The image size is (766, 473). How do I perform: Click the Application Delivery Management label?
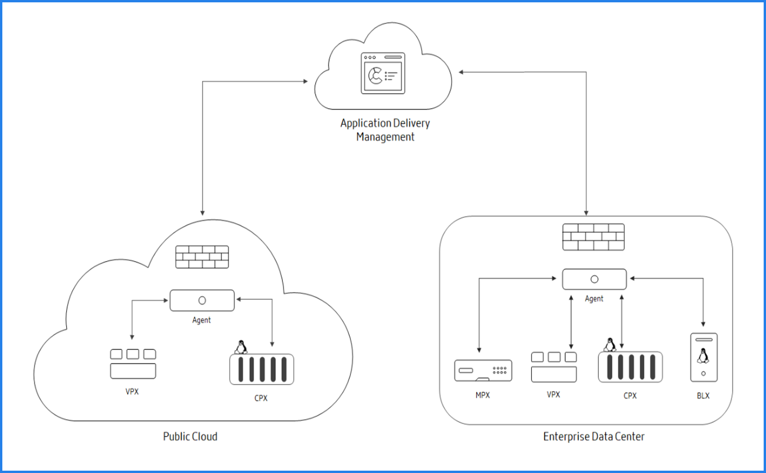[x=385, y=130]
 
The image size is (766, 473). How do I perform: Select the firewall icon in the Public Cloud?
[x=202, y=256]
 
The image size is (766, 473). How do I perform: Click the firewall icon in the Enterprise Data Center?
[x=593, y=236]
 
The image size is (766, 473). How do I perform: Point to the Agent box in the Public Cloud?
[x=202, y=300]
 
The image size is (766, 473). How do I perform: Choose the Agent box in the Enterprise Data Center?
[x=594, y=279]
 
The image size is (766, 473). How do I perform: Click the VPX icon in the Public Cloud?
[x=133, y=364]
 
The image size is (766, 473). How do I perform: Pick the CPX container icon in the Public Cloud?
[x=261, y=369]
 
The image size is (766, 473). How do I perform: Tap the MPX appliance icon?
[x=483, y=371]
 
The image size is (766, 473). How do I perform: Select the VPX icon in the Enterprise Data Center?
[x=553, y=367]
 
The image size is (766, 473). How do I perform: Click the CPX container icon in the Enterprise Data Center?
[x=630, y=367]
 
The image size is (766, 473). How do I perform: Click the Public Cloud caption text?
[x=190, y=436]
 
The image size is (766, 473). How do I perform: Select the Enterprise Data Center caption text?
[x=594, y=436]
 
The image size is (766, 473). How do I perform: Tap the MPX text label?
[x=483, y=395]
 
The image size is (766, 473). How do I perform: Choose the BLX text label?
[x=703, y=396]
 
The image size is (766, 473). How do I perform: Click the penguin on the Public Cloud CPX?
[x=240, y=347]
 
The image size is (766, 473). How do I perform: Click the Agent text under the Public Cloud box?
[x=201, y=320]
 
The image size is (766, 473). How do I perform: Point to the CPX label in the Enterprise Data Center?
[x=630, y=396]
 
